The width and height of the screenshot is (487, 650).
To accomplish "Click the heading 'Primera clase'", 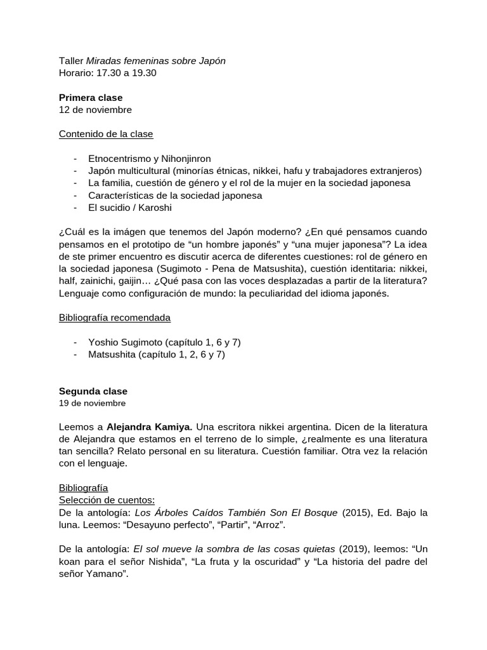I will click(91, 98).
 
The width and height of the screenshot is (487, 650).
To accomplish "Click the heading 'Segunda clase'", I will click(93, 391).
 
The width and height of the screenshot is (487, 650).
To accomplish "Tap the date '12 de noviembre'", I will click(95, 110).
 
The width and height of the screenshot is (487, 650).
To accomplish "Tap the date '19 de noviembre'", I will click(92, 403).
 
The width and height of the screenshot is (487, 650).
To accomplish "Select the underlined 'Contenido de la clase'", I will click(106, 134).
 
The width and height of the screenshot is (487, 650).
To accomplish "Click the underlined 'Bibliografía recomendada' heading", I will click(115, 317).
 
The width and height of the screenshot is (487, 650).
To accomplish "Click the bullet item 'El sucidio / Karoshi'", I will click(130, 208).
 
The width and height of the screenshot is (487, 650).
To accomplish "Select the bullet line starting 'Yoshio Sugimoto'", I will click(164, 342).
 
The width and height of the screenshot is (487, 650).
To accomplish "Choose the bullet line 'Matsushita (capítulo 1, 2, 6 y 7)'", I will click(157, 354).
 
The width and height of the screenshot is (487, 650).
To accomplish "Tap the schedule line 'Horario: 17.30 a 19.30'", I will click(108, 73).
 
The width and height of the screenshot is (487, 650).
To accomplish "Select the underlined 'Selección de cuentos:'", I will click(107, 500).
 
